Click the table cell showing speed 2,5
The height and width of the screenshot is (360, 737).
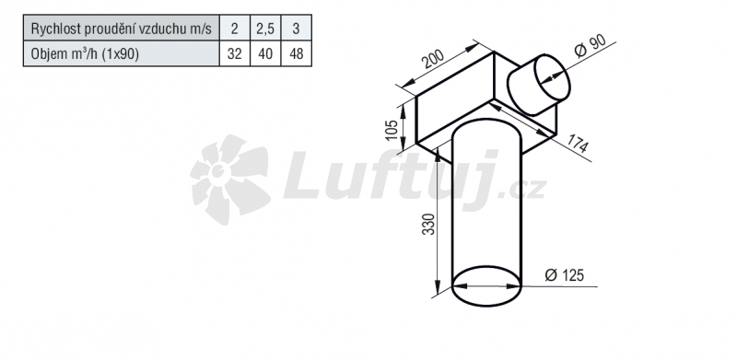tap(265, 29)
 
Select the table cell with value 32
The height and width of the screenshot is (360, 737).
tap(235, 53)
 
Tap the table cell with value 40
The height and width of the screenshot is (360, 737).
tap(265, 53)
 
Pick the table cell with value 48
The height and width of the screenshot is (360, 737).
tap(296, 53)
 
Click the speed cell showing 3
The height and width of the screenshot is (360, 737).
tap(296, 29)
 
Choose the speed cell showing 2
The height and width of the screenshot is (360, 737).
tap(235, 29)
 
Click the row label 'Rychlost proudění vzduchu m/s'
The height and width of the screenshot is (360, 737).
tap(122, 29)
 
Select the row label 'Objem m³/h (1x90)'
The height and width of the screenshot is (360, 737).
tap(85, 54)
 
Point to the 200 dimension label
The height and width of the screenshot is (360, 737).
tap(432, 59)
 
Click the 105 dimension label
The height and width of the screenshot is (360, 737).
tap(391, 129)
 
